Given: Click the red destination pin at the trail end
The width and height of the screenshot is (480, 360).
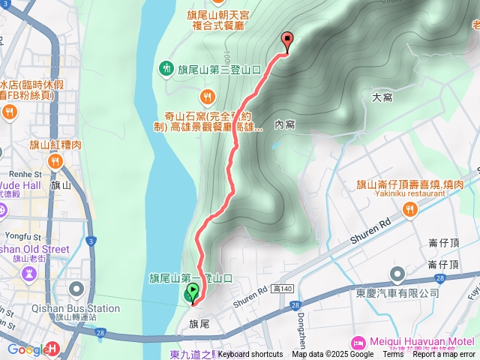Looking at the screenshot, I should click(286, 42).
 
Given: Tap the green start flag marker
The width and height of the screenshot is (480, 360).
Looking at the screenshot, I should click(192, 293).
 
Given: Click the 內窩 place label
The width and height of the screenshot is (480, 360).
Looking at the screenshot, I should click(284, 124).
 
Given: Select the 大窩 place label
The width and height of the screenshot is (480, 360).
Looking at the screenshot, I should click(382, 97).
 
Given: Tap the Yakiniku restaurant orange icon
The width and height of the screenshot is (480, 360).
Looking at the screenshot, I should click(409, 211).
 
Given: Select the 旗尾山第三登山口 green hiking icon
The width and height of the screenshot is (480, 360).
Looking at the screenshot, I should click(166, 69).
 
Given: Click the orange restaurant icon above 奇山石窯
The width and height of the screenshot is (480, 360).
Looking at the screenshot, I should click(206, 96).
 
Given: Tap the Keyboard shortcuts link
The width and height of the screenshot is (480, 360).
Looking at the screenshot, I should click(250, 355).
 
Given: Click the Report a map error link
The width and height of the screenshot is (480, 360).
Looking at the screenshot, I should click(444, 355).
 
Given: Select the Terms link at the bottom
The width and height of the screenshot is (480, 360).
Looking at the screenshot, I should click(392, 355).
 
